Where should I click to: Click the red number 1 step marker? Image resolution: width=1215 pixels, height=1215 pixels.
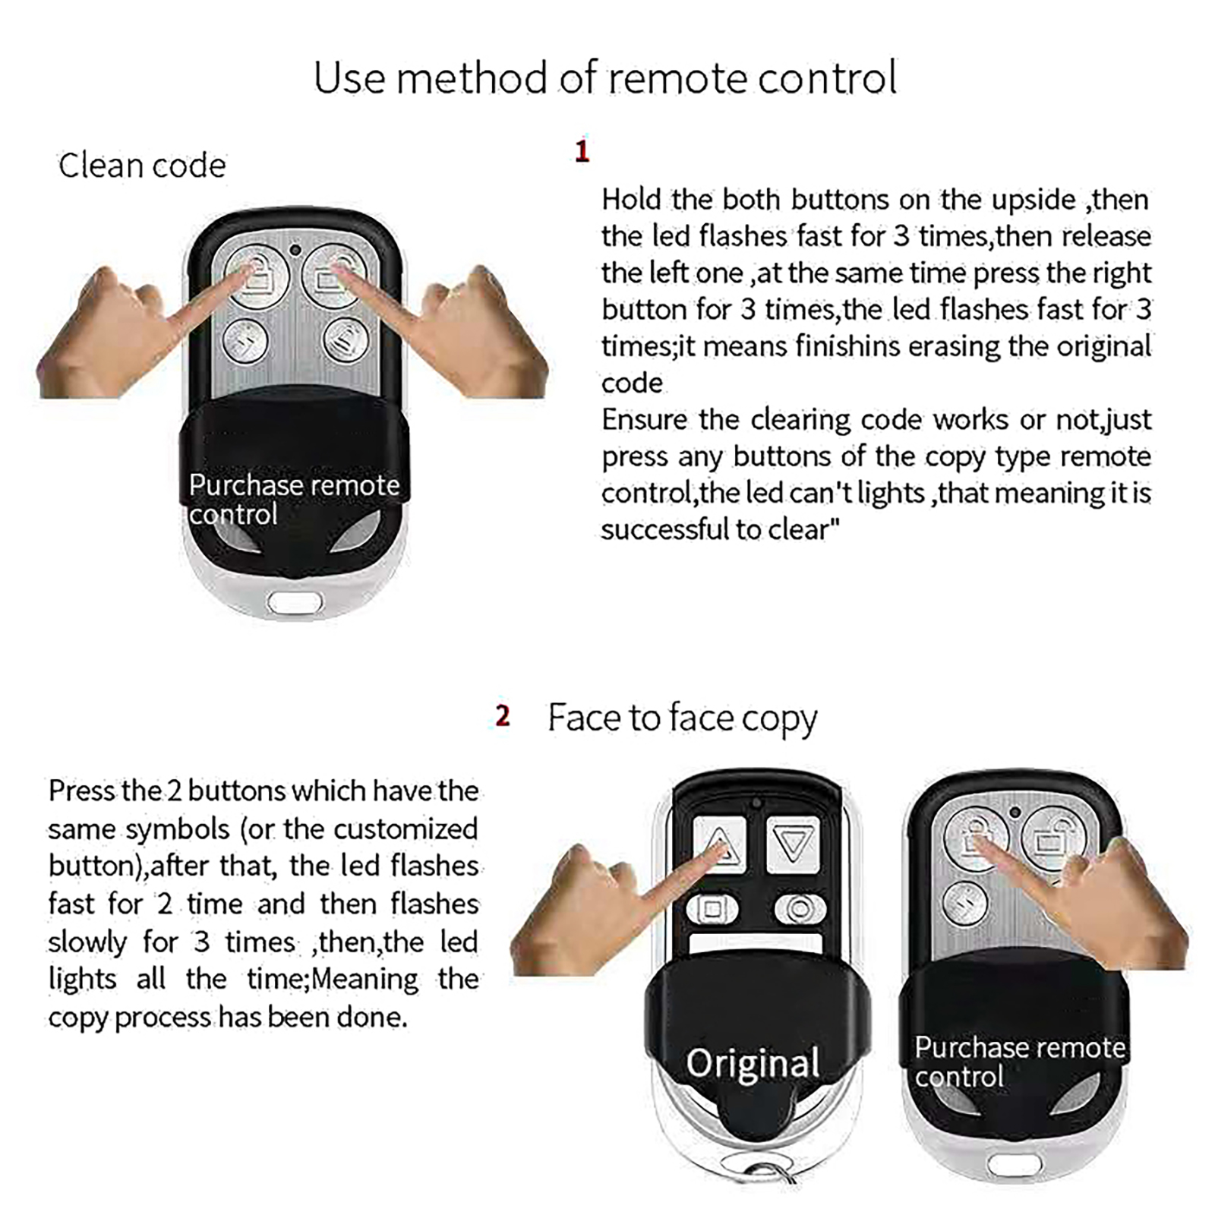[x=582, y=150]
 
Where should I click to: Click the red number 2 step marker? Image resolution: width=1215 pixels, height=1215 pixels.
[x=502, y=715]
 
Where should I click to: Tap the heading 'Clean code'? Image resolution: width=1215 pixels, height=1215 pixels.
[x=142, y=166]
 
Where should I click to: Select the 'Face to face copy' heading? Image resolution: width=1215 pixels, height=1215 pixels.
[x=682, y=718]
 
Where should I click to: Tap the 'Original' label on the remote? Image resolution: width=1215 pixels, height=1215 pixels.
[x=753, y=1063]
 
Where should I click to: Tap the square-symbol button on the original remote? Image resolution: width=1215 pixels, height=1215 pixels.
[x=712, y=909]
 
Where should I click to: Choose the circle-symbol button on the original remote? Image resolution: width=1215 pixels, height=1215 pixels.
[x=800, y=909]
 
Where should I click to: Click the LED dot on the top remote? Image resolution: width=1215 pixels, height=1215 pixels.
[x=295, y=250]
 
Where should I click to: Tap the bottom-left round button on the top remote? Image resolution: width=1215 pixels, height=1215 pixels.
[x=246, y=341]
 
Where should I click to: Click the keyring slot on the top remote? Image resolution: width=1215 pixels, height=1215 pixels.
[x=295, y=604]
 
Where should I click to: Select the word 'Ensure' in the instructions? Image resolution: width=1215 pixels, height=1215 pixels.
[x=645, y=420]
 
